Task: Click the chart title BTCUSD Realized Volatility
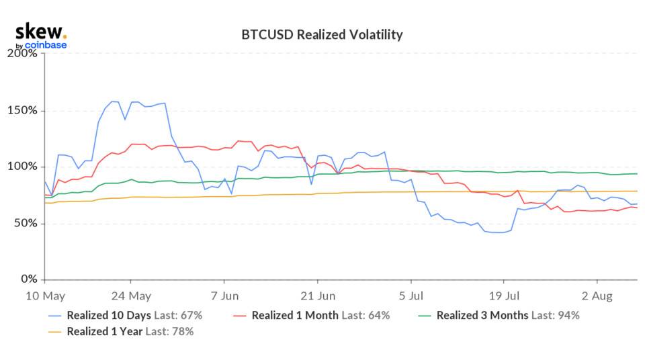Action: tap(322, 34)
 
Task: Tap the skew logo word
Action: tap(40, 31)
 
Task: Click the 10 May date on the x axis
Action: tap(44, 296)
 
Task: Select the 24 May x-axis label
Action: tap(130, 296)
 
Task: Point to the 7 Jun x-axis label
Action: tap(225, 296)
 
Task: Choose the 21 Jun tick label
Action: tap(318, 296)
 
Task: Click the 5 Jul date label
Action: tap(411, 296)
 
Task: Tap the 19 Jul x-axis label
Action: tap(504, 296)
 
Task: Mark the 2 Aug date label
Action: tap(597, 296)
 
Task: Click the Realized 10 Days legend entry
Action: tap(101, 315)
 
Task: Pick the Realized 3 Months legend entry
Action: tap(478, 315)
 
